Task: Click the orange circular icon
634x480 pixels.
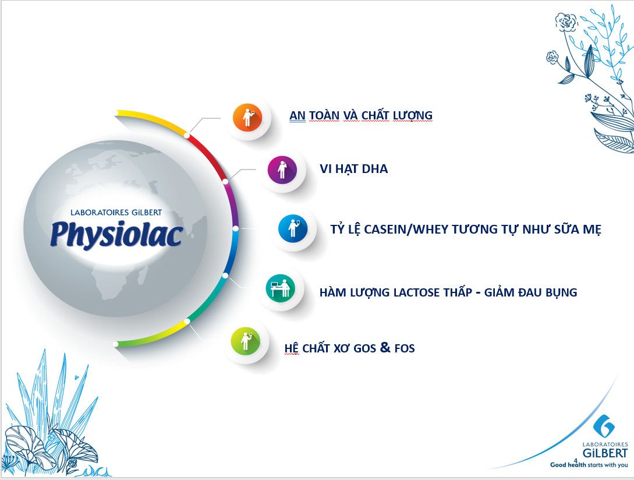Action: [247, 117]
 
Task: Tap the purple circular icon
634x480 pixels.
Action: [282, 170]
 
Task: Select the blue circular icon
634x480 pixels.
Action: [293, 229]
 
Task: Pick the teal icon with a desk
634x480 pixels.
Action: [281, 288]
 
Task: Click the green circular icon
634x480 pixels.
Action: [246, 341]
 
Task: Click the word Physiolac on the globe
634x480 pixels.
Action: [117, 235]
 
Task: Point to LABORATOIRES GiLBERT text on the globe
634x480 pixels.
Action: [116, 213]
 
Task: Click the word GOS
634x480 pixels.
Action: [364, 348]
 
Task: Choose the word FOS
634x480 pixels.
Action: [405, 348]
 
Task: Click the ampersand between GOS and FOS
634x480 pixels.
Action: [385, 347]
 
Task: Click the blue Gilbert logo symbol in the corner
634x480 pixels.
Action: [604, 426]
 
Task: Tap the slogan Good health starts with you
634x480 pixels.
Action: [589, 465]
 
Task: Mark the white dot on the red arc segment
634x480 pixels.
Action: [187, 135]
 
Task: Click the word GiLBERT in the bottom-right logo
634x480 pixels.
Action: [605, 453]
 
